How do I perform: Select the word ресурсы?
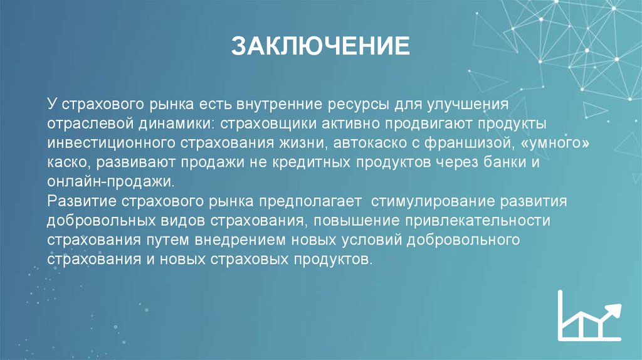point(365,102)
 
